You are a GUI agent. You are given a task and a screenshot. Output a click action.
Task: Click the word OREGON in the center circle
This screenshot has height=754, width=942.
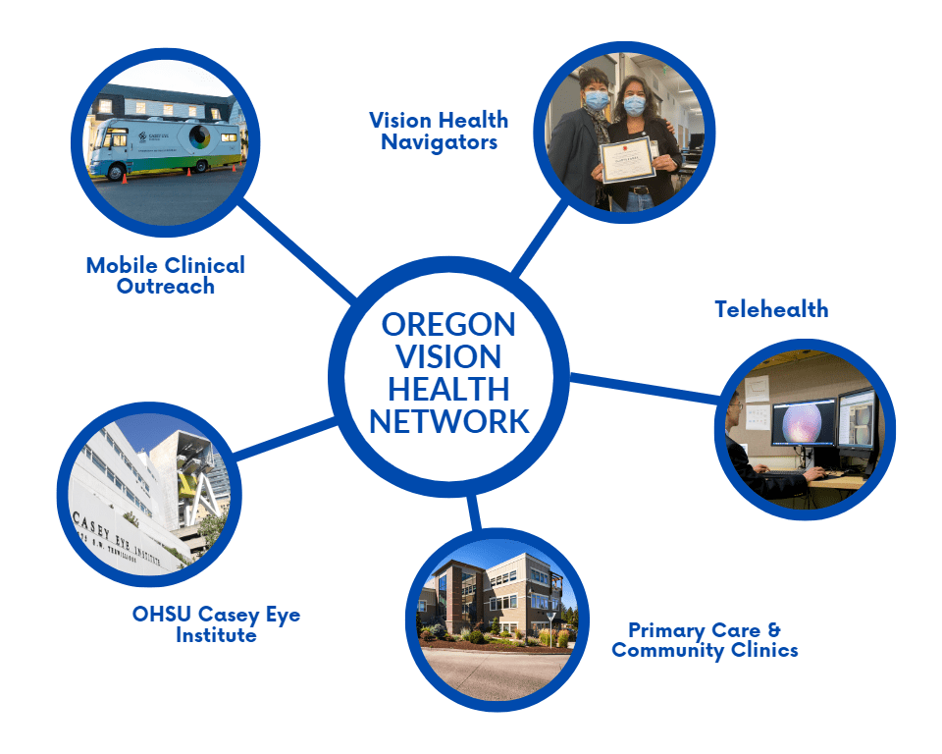click(448, 324)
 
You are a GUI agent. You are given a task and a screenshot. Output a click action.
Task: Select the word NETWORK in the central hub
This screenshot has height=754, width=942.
click(448, 421)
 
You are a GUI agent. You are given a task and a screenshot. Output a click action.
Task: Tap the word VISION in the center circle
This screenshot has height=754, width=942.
click(448, 356)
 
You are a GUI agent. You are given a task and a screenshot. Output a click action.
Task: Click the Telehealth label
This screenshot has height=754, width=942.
click(770, 309)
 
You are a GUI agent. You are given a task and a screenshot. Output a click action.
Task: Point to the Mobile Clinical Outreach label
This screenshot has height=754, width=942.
click(165, 275)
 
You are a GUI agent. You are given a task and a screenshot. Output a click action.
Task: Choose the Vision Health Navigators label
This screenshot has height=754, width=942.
click(438, 131)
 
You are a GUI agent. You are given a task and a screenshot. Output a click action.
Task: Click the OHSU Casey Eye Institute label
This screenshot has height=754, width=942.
click(216, 624)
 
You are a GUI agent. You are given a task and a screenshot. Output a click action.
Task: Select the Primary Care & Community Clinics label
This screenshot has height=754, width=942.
click(704, 639)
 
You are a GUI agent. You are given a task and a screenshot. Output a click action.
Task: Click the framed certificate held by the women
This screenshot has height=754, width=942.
click(627, 160)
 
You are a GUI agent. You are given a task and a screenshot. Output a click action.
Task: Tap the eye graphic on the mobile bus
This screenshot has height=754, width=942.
click(200, 137)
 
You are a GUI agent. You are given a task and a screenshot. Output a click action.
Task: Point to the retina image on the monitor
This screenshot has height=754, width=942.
click(802, 425)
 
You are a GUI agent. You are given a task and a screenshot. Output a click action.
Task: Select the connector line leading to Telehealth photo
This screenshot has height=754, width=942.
click(643, 387)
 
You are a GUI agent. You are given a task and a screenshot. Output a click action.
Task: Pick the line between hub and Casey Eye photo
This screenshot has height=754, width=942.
click(285, 439)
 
